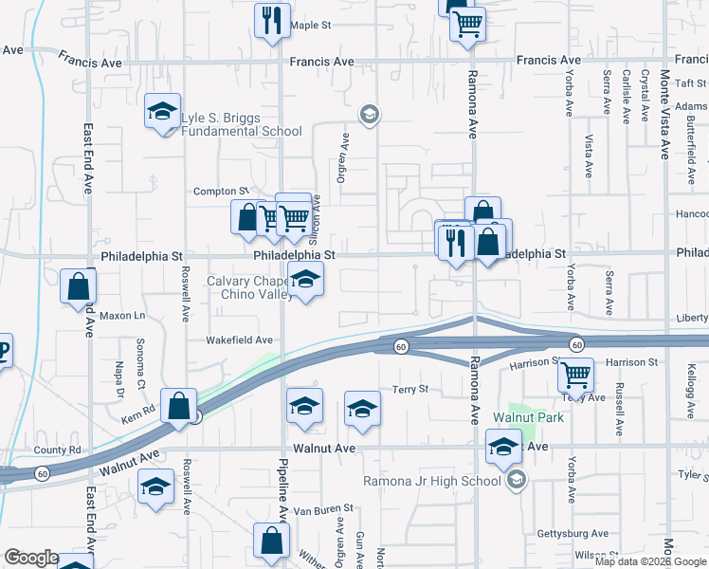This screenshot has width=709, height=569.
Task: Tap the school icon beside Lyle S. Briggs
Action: pos(162,111)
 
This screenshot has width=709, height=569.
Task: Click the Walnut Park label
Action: pos(528,417)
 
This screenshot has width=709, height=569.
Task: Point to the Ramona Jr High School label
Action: pos(432,481)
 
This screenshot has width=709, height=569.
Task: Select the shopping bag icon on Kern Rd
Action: pos(178,406)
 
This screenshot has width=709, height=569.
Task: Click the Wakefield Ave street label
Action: pos(240,340)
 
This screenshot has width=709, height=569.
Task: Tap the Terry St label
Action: pos(410,389)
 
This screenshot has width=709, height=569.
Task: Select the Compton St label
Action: pos(220,191)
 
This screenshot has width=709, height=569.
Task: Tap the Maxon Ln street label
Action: pos(122,315)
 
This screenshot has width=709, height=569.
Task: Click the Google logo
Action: pos(31,558)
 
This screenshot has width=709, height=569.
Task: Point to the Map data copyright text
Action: pos(650,561)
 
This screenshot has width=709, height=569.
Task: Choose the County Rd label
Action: pos(57,450)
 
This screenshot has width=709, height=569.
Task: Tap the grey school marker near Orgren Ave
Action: pos(369,115)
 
